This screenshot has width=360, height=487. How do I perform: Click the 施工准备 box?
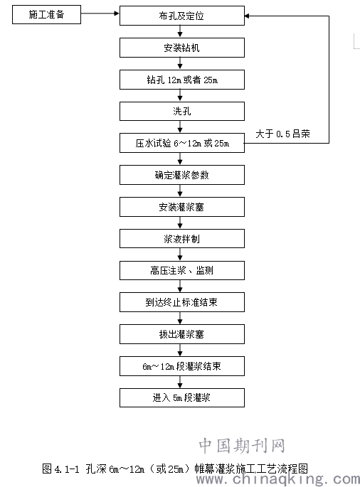[x=47, y=15]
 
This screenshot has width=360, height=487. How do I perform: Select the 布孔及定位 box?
[x=182, y=16]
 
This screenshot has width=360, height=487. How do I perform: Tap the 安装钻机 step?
[x=182, y=48]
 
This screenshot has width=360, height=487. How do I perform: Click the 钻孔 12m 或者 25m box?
[x=182, y=80]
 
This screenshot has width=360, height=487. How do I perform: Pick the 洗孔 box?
[x=182, y=111]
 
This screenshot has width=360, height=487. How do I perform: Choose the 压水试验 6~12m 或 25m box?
[x=182, y=143]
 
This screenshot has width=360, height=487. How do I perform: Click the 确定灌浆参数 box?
[x=182, y=175]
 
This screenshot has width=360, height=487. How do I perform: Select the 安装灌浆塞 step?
[x=182, y=207]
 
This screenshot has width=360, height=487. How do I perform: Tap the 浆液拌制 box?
[x=182, y=239]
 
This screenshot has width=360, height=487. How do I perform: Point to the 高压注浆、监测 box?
[x=182, y=271]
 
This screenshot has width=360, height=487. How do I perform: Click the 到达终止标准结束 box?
[x=182, y=302]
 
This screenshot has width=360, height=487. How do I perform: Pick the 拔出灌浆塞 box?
[x=182, y=334]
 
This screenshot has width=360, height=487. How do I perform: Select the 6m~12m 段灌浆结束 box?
[x=182, y=366]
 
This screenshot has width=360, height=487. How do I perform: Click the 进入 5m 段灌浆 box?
[x=182, y=397]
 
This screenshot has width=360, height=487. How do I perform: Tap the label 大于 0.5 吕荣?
[x=282, y=134]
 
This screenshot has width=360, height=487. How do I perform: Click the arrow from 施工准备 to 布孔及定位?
[x=100, y=14]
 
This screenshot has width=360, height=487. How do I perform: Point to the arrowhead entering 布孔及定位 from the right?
[x=247, y=16]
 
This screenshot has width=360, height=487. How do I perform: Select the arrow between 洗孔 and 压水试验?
[x=180, y=127]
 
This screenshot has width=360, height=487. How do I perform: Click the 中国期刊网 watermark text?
[x=242, y=445]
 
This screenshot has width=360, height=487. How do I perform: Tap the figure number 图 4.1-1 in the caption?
[x=61, y=469]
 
